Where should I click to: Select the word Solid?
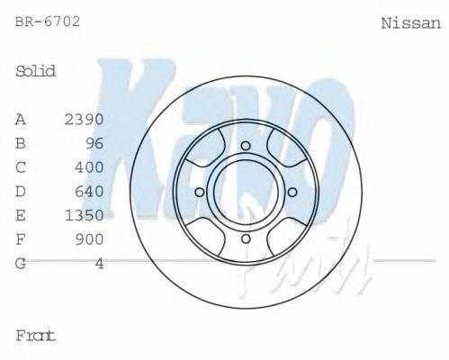36,71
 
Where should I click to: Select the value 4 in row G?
99,264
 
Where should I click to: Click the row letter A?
21,119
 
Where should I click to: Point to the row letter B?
21,143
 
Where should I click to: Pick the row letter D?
21,191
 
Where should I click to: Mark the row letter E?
21,215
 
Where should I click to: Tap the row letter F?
21,239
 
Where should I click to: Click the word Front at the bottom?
36,336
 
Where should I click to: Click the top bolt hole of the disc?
245,145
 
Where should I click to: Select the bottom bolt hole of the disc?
245,238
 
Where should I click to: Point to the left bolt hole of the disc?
199,191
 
